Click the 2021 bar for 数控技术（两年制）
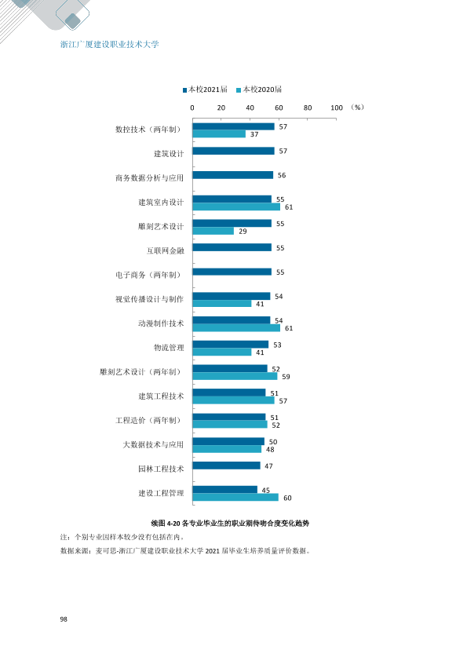(234, 126)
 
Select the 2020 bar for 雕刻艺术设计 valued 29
(213, 231)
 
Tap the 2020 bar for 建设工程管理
(235, 498)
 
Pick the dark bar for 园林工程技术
(227, 466)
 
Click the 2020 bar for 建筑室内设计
(236, 206)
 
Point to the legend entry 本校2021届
(206, 89)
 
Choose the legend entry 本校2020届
(259, 89)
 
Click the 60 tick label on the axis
(279, 108)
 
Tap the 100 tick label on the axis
(337, 108)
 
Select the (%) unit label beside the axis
(357, 108)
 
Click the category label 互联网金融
(166, 251)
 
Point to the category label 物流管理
(169, 348)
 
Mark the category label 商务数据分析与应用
(150, 178)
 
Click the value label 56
(282, 175)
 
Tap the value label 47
(269, 466)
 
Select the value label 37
(254, 134)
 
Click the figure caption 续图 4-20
(166, 524)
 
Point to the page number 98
(64, 619)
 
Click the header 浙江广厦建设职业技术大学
(110, 44)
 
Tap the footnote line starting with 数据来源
(185, 551)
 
